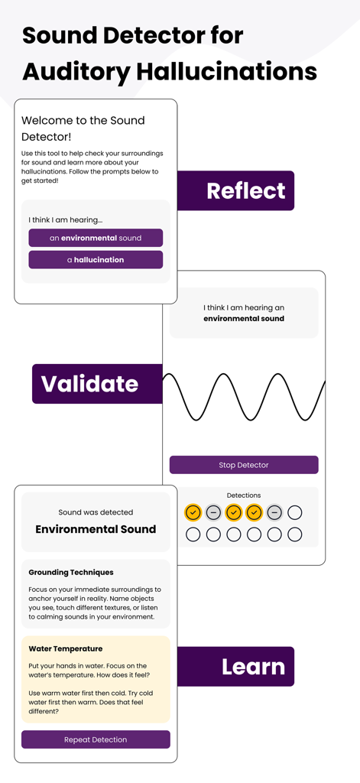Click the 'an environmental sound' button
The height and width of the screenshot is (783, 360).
click(x=96, y=238)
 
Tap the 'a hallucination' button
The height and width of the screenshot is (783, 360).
click(x=96, y=260)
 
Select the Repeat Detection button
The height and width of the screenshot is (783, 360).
click(x=96, y=739)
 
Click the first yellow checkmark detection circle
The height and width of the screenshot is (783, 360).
click(x=193, y=512)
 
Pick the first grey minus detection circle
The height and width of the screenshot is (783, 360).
click(x=214, y=512)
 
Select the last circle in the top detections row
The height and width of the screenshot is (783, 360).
click(x=295, y=512)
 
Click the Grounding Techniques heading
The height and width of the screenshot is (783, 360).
click(x=71, y=572)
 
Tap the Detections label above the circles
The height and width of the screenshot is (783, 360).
click(x=244, y=495)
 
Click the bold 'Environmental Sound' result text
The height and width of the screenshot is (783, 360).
click(x=96, y=529)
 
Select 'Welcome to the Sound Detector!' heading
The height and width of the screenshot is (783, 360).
click(x=83, y=128)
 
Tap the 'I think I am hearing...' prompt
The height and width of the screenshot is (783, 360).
click(x=65, y=220)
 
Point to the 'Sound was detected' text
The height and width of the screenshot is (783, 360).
click(x=96, y=512)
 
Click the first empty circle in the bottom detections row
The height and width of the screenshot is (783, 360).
click(x=193, y=534)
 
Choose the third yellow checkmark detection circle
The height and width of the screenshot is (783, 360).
click(x=255, y=512)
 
